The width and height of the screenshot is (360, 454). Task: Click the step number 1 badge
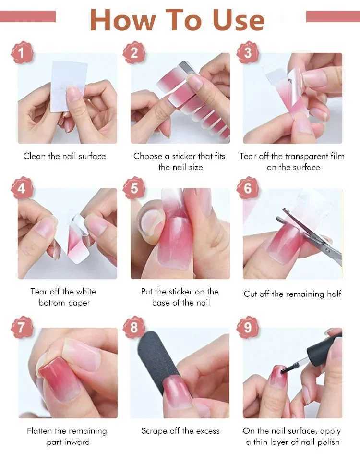pos(22,53)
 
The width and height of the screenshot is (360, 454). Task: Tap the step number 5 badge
pos(134,188)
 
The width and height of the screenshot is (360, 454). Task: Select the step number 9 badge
pos(248,328)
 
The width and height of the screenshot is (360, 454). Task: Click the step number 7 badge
pos(22,328)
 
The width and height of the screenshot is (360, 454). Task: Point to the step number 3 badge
pos(248,53)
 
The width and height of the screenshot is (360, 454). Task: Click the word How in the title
pos(123,20)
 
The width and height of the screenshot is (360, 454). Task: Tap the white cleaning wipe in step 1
pos(68,86)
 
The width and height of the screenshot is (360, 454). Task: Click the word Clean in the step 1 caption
pos(35,156)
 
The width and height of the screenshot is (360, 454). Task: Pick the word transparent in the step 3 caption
pos(306,157)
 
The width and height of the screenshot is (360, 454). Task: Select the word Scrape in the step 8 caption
pos(154,431)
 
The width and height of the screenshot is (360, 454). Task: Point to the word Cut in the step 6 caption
pos(251,294)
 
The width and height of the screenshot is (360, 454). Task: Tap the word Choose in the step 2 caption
pos(147,156)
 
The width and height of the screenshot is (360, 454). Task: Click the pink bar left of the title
pos(28,16)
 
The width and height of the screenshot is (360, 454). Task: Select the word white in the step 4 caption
pos(85,291)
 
